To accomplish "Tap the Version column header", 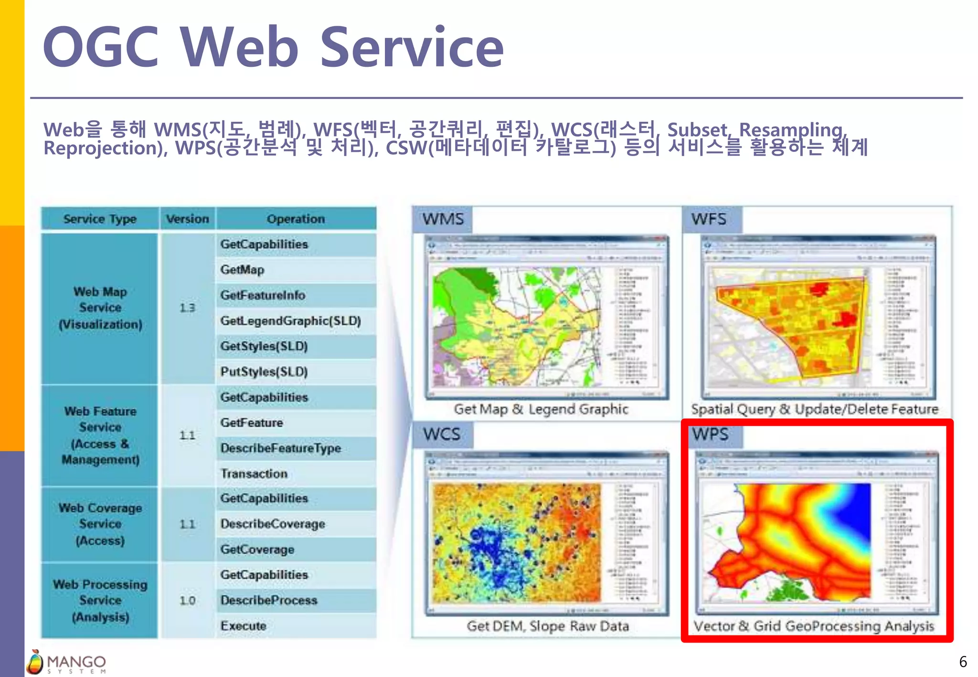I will pos(187,219).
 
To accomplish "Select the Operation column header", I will pos(296,219).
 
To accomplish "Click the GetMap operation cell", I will pos(242,270).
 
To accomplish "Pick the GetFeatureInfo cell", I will pos(263,295).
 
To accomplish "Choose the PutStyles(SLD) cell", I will pos(264,371).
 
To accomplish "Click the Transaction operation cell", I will pos(254,474).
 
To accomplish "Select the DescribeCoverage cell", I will pos(273,524).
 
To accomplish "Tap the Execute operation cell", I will pos(243,625).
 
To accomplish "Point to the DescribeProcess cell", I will pos(269,600).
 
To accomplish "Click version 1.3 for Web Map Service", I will pos(187,308).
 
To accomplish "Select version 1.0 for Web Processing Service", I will pos(187,600).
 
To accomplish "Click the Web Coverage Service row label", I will pos(100,524).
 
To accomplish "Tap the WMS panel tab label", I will pos(443,219).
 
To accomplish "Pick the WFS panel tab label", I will pos(709,219).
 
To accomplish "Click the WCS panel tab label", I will pos(442,434).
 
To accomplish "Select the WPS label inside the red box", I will pos(711,434).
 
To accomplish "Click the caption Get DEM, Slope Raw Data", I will pos(548,626).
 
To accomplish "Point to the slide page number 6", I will pos(963,662).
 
